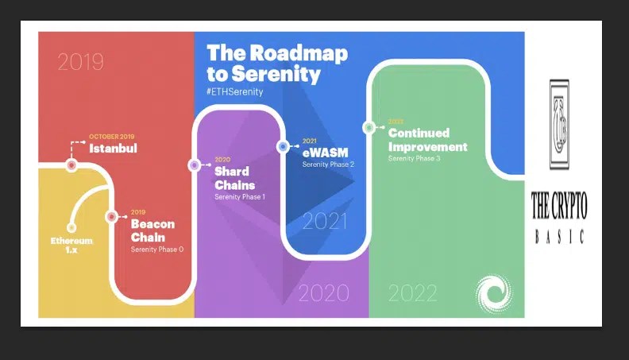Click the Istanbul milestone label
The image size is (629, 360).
point(114,148)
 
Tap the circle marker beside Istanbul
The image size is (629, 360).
point(71,165)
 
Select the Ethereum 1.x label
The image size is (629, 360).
point(71,244)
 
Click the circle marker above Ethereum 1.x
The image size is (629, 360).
point(71,227)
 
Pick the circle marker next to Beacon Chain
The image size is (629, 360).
point(112,216)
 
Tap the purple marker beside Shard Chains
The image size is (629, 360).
point(195,165)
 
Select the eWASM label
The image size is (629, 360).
point(326,153)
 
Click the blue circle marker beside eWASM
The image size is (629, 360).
point(283,146)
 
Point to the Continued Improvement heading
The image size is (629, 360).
point(427,140)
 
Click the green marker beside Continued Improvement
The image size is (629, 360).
point(369,127)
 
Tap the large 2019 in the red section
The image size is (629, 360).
point(82,62)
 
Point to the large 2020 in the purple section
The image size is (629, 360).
point(324,293)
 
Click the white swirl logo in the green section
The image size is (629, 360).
point(492,292)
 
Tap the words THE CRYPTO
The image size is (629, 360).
point(559,208)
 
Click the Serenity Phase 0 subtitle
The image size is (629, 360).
point(157,250)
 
